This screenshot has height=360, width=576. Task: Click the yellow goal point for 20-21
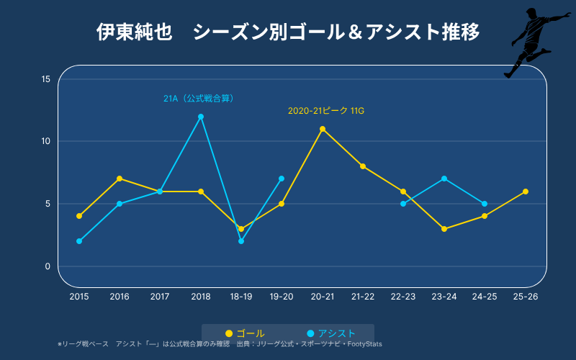(323, 129)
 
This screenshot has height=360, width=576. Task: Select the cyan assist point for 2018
(201, 117)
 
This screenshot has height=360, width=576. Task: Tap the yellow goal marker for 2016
(120, 179)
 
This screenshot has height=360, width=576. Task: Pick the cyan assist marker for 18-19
(241, 241)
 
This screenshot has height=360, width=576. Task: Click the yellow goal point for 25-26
(526, 192)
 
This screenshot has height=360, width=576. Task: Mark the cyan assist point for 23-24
(444, 179)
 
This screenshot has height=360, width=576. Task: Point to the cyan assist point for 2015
(79, 241)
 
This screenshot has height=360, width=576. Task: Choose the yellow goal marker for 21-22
(363, 166)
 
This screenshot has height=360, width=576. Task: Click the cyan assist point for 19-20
(282, 179)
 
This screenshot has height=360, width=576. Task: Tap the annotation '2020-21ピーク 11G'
(326, 111)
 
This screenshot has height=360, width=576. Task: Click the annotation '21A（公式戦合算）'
(199, 99)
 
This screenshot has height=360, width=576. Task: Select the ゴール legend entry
(245, 333)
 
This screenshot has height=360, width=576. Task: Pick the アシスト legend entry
(331, 333)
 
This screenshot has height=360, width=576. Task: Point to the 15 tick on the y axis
(46, 79)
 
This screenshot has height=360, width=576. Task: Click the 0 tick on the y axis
(48, 266)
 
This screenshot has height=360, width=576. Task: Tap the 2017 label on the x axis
(160, 297)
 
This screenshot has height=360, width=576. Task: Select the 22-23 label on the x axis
(403, 297)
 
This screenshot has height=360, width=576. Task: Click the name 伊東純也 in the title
(135, 32)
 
